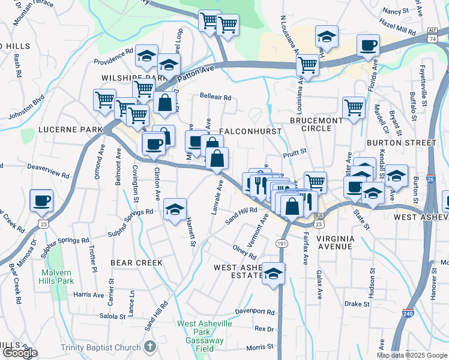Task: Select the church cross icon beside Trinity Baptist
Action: click(149, 347)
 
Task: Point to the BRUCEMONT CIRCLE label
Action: click(316, 125)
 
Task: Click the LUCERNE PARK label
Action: click(63, 130)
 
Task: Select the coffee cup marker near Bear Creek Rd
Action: click(41, 200)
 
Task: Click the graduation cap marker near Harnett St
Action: click(175, 209)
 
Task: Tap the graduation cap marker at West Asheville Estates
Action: click(273, 274)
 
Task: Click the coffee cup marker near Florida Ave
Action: click(367, 44)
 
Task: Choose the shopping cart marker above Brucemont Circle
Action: click(354, 108)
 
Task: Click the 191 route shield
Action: click(281, 243)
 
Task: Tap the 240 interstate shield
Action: click(408, 313)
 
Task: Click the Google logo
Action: click(19, 353)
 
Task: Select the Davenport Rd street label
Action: click(255, 312)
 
